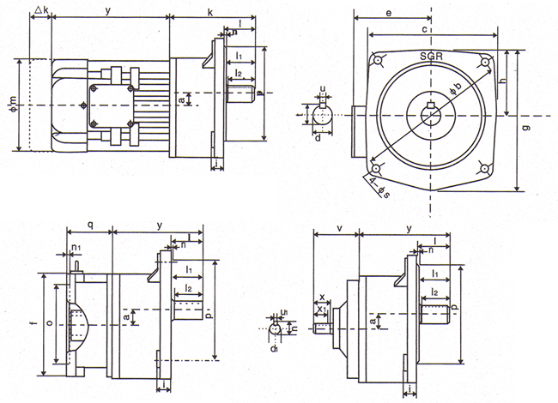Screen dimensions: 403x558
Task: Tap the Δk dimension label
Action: (39, 11)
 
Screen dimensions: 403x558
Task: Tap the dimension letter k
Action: (210, 11)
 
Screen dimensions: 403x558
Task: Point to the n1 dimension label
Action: (76, 247)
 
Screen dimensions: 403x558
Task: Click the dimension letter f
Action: (33, 324)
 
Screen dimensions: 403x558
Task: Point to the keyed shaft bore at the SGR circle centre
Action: (431, 115)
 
